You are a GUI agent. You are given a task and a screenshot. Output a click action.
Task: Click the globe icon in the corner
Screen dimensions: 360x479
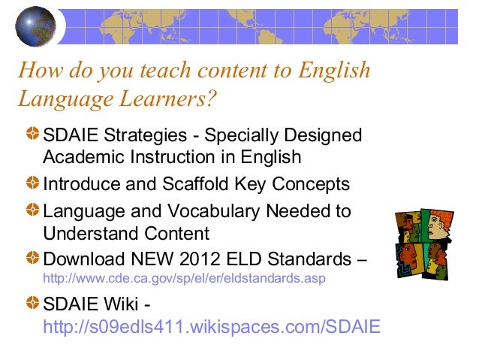[x=35, y=26]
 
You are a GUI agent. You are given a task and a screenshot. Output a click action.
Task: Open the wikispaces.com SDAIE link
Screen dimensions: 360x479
[x=212, y=326]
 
